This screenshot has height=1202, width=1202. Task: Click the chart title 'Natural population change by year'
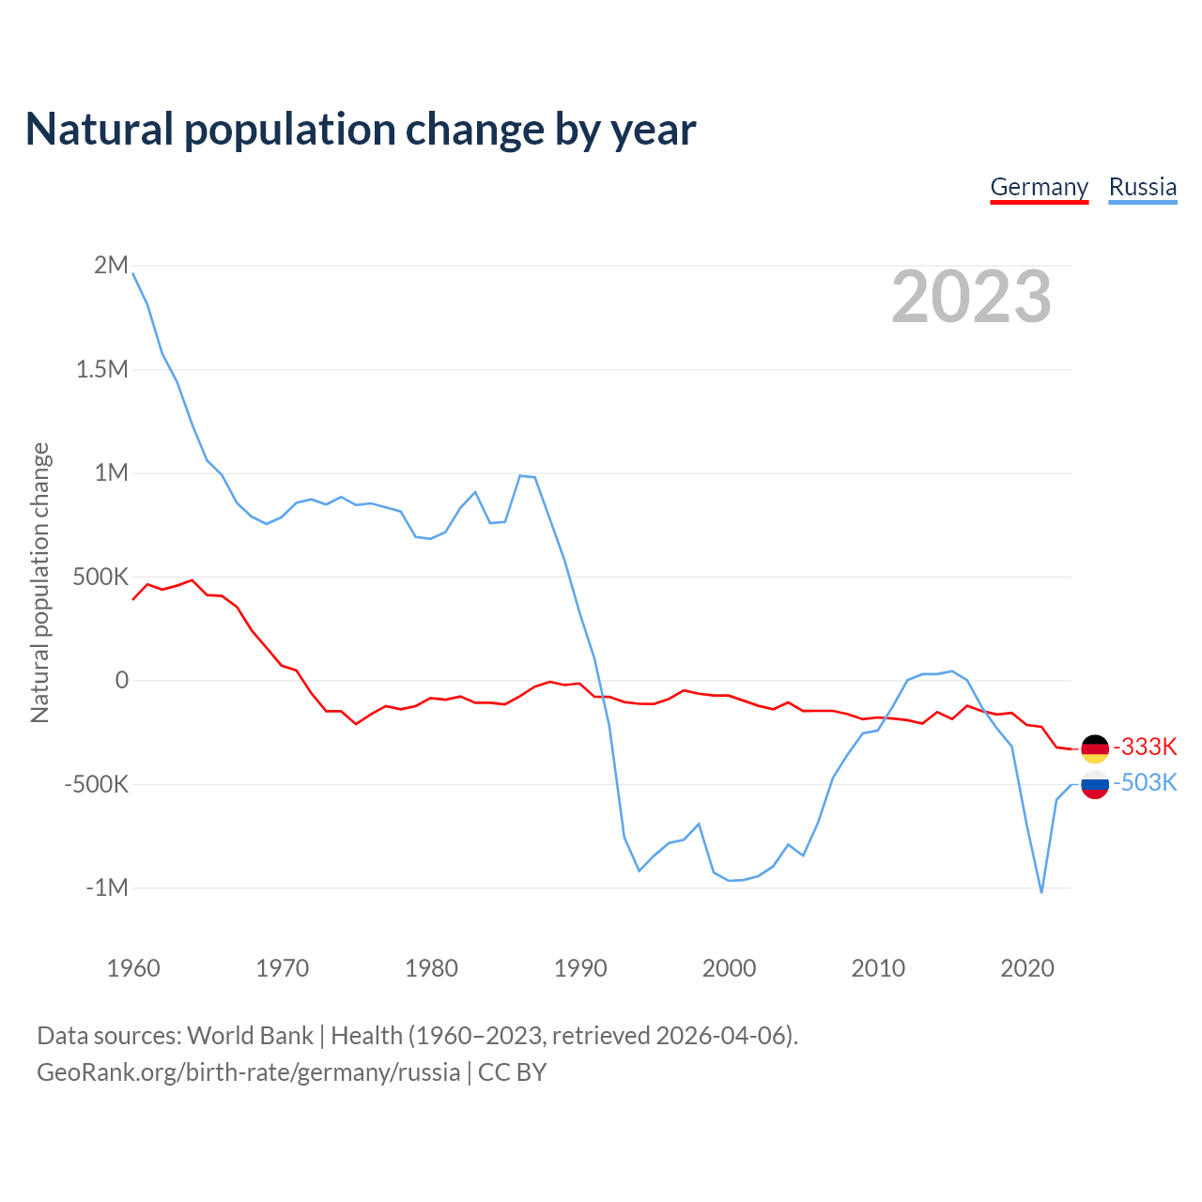point(361,130)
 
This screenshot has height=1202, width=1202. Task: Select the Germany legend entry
point(1039,187)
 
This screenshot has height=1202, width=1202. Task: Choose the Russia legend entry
point(1142,187)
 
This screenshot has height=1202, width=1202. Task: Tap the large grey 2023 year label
point(971,297)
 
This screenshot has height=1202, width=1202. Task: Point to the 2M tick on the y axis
point(111,266)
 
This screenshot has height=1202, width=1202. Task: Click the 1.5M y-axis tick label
point(101,369)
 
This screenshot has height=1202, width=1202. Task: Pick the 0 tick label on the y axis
point(121,680)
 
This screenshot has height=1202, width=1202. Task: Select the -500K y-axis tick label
point(96,784)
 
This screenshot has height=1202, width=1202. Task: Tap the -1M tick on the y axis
point(106,887)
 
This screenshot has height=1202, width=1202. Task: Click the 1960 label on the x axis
point(133,968)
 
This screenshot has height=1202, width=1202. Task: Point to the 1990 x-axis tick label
point(580,968)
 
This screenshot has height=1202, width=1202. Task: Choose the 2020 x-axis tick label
point(1026,968)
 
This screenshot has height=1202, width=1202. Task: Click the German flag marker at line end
point(1095,748)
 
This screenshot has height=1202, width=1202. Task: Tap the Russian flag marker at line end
point(1095,784)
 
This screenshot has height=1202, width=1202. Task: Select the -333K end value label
point(1145,747)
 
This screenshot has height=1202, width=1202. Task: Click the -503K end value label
point(1145,783)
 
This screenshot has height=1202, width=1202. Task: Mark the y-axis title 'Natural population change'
point(39,582)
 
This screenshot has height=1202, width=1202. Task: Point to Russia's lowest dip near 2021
point(1041,891)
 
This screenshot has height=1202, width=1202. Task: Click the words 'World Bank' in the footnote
point(250,1036)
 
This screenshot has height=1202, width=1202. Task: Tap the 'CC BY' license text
point(512,1072)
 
